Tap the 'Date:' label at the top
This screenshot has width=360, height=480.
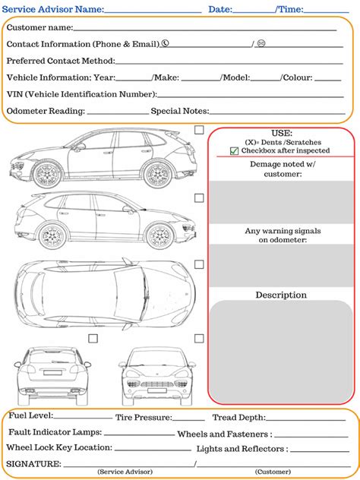click(x=220, y=9)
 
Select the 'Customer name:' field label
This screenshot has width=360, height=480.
click(x=39, y=27)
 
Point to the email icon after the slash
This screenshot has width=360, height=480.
click(x=261, y=44)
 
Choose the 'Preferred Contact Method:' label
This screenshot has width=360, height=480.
click(x=61, y=61)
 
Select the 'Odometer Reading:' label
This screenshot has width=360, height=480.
click(x=46, y=111)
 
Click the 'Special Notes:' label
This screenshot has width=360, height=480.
click(x=181, y=111)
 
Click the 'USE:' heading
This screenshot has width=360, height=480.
click(x=282, y=133)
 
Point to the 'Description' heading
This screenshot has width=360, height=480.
click(x=281, y=295)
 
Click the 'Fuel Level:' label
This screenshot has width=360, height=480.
click(x=30, y=416)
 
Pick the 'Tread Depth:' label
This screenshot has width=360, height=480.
click(x=238, y=417)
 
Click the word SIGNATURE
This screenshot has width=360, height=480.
click(x=33, y=463)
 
